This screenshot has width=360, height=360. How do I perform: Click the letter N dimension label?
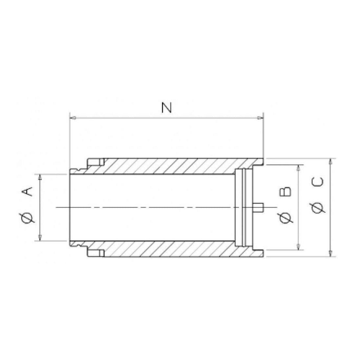(x=167, y=108)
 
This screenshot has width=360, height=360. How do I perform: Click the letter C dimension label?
(x=318, y=182)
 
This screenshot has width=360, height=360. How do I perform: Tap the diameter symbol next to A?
(x=28, y=217)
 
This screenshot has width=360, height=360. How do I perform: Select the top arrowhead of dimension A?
(x=40, y=177)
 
